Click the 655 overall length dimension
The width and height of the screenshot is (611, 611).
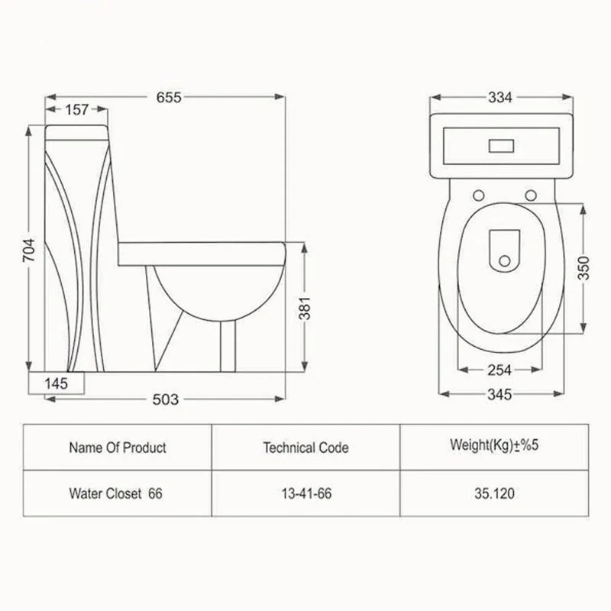(x=169, y=97)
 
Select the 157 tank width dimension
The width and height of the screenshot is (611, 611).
(x=77, y=109)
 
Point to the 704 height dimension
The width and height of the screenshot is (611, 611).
(x=29, y=250)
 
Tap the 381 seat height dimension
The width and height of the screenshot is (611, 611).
(x=305, y=308)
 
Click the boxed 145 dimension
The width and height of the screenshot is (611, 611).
(x=57, y=383)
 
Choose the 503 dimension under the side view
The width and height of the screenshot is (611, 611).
(x=165, y=399)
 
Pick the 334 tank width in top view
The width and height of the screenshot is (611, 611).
(x=500, y=98)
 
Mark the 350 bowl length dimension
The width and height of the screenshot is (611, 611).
(x=584, y=268)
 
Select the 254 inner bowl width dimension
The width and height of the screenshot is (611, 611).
(x=499, y=370)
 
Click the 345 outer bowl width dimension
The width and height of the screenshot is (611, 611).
(x=499, y=394)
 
